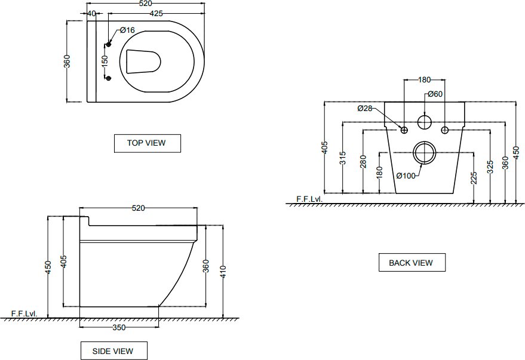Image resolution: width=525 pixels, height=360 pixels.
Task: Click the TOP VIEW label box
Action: click(148, 143)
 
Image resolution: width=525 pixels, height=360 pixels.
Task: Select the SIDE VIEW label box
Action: click(114, 350)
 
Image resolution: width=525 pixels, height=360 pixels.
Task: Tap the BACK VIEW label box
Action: click(412, 262)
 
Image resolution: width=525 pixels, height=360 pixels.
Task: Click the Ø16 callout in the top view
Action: click(127, 30)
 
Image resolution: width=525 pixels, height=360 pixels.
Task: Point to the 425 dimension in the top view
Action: click(156, 13)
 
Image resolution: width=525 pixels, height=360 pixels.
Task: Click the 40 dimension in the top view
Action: click(91, 13)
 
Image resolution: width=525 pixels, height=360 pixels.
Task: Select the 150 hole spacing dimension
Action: click(105, 61)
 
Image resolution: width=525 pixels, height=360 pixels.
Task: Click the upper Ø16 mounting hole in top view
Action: click(108, 45)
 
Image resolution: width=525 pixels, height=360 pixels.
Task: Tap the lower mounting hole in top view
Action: click(108, 78)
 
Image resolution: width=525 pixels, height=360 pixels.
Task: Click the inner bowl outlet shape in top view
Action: click(143, 61)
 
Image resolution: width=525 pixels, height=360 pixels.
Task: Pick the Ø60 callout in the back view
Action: click(435, 94)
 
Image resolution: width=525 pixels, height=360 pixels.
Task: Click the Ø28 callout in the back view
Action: click(364, 108)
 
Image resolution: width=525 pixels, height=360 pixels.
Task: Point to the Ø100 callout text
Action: click(406, 176)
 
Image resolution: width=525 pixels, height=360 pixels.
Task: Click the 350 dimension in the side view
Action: click(119, 328)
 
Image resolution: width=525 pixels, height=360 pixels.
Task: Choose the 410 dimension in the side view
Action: click(223, 271)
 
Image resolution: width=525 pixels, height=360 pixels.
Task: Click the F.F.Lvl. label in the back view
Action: click(309, 199)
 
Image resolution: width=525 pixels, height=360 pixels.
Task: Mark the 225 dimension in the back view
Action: click(474, 178)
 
